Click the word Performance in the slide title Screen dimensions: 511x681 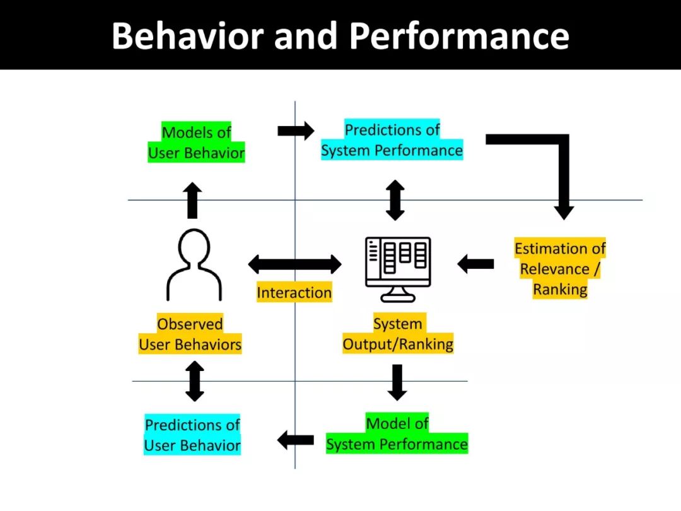(459, 35)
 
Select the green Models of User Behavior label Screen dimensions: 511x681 (196, 143)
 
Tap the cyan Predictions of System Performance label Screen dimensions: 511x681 (392, 140)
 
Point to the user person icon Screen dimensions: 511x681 (194, 264)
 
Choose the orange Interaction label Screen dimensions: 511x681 (294, 293)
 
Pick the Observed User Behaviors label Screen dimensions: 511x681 (190, 334)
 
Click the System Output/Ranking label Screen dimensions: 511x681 (398, 334)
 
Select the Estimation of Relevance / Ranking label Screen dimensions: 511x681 (560, 269)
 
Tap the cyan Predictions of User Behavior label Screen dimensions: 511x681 (192, 435)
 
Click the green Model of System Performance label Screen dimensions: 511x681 (397, 434)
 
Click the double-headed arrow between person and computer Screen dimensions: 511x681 (294, 264)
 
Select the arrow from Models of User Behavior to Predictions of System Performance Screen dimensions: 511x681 (295, 131)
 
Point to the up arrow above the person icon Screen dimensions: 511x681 (193, 200)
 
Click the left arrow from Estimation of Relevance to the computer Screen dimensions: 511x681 (475, 264)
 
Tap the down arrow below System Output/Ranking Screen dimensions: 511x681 (397, 382)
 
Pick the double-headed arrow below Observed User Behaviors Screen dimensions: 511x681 (195, 381)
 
